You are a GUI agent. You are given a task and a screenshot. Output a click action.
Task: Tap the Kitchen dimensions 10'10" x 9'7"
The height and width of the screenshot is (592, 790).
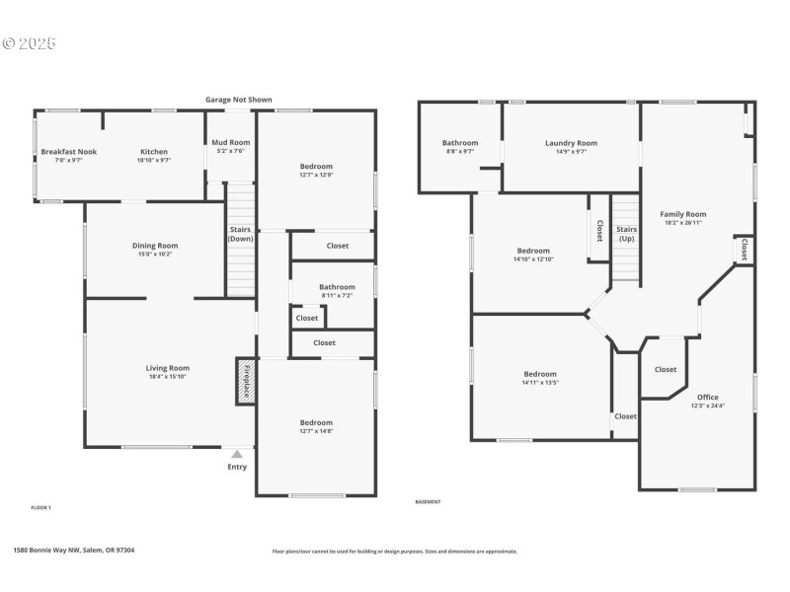153,160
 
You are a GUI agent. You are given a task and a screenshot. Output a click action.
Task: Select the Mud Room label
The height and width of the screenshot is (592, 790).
231,142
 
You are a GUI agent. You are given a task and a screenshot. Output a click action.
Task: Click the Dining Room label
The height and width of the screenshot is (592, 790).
155,245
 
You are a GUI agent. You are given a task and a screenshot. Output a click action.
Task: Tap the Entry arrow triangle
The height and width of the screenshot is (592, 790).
237,454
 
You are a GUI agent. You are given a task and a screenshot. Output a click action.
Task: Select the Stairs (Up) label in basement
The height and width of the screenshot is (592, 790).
626,234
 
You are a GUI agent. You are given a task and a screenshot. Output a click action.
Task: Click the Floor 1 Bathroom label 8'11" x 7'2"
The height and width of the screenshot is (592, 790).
337,287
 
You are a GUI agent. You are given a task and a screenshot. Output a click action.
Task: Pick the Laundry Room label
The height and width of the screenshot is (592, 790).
571,143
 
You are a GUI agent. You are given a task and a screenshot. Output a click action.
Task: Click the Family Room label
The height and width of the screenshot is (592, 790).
683,213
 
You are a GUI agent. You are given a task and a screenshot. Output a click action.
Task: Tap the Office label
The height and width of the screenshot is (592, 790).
708,397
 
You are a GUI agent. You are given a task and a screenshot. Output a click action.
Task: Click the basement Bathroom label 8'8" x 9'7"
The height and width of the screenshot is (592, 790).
460,143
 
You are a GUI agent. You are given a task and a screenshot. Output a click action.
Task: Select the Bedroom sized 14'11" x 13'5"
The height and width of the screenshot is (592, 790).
540,374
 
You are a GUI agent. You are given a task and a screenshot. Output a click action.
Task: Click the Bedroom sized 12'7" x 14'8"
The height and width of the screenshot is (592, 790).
316,422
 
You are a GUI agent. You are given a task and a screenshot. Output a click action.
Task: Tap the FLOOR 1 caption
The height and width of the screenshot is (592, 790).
41,507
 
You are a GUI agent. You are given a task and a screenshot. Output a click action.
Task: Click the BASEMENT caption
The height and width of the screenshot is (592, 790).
428,501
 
